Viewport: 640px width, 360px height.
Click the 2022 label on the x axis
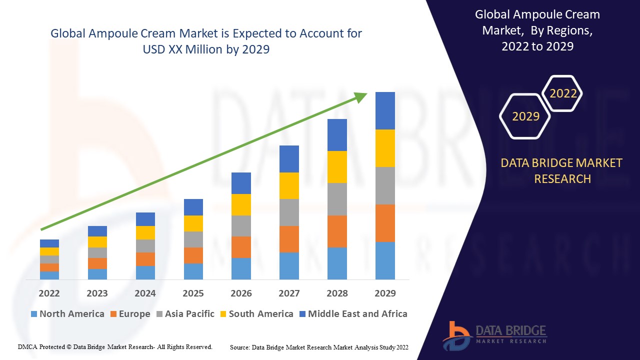click(x=49, y=293)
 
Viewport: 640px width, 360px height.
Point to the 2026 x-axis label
click(x=241, y=293)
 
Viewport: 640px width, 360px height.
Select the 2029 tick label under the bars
click(x=385, y=293)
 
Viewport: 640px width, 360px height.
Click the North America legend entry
click(x=67, y=314)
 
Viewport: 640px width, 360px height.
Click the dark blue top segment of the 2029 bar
click(x=385, y=110)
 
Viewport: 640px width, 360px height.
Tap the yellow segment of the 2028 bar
click(x=337, y=166)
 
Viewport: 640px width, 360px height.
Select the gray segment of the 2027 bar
click(x=289, y=212)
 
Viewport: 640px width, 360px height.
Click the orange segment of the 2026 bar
click(x=241, y=247)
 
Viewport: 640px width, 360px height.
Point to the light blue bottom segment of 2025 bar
click(x=193, y=271)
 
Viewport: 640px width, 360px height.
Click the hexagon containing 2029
click(x=525, y=116)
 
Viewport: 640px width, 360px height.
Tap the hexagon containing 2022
click(x=562, y=93)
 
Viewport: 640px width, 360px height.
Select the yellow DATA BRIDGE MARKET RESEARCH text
click(x=562, y=170)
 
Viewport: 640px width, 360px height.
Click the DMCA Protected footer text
click(x=115, y=346)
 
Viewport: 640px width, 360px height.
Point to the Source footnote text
click(x=319, y=347)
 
